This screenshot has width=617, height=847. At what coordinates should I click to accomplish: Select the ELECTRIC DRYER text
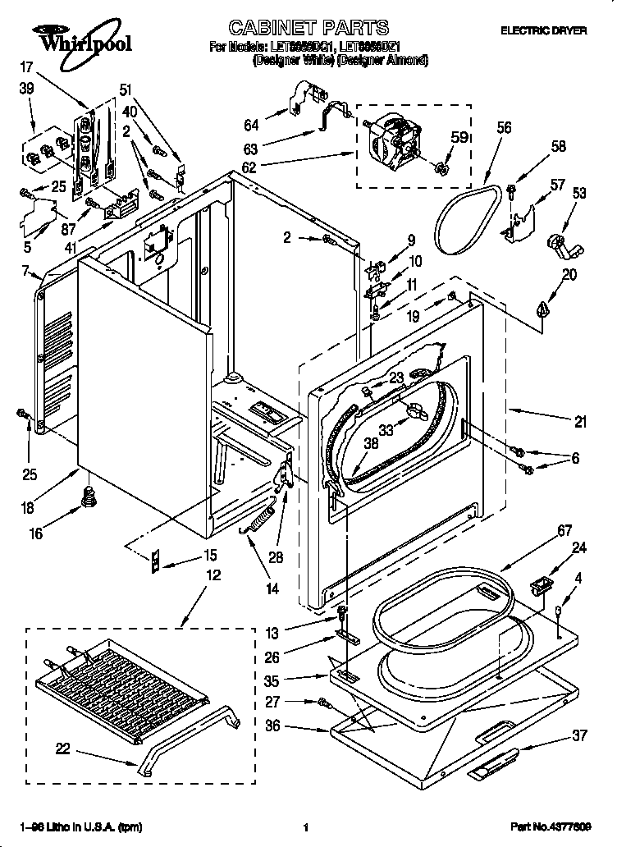tap(543, 30)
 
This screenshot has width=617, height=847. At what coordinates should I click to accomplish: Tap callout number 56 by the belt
tap(503, 127)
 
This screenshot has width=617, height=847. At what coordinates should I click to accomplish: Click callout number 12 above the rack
tap(213, 576)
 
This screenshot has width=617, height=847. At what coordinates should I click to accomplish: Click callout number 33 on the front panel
tap(385, 428)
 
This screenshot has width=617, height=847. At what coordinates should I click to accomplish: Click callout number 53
tap(579, 193)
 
